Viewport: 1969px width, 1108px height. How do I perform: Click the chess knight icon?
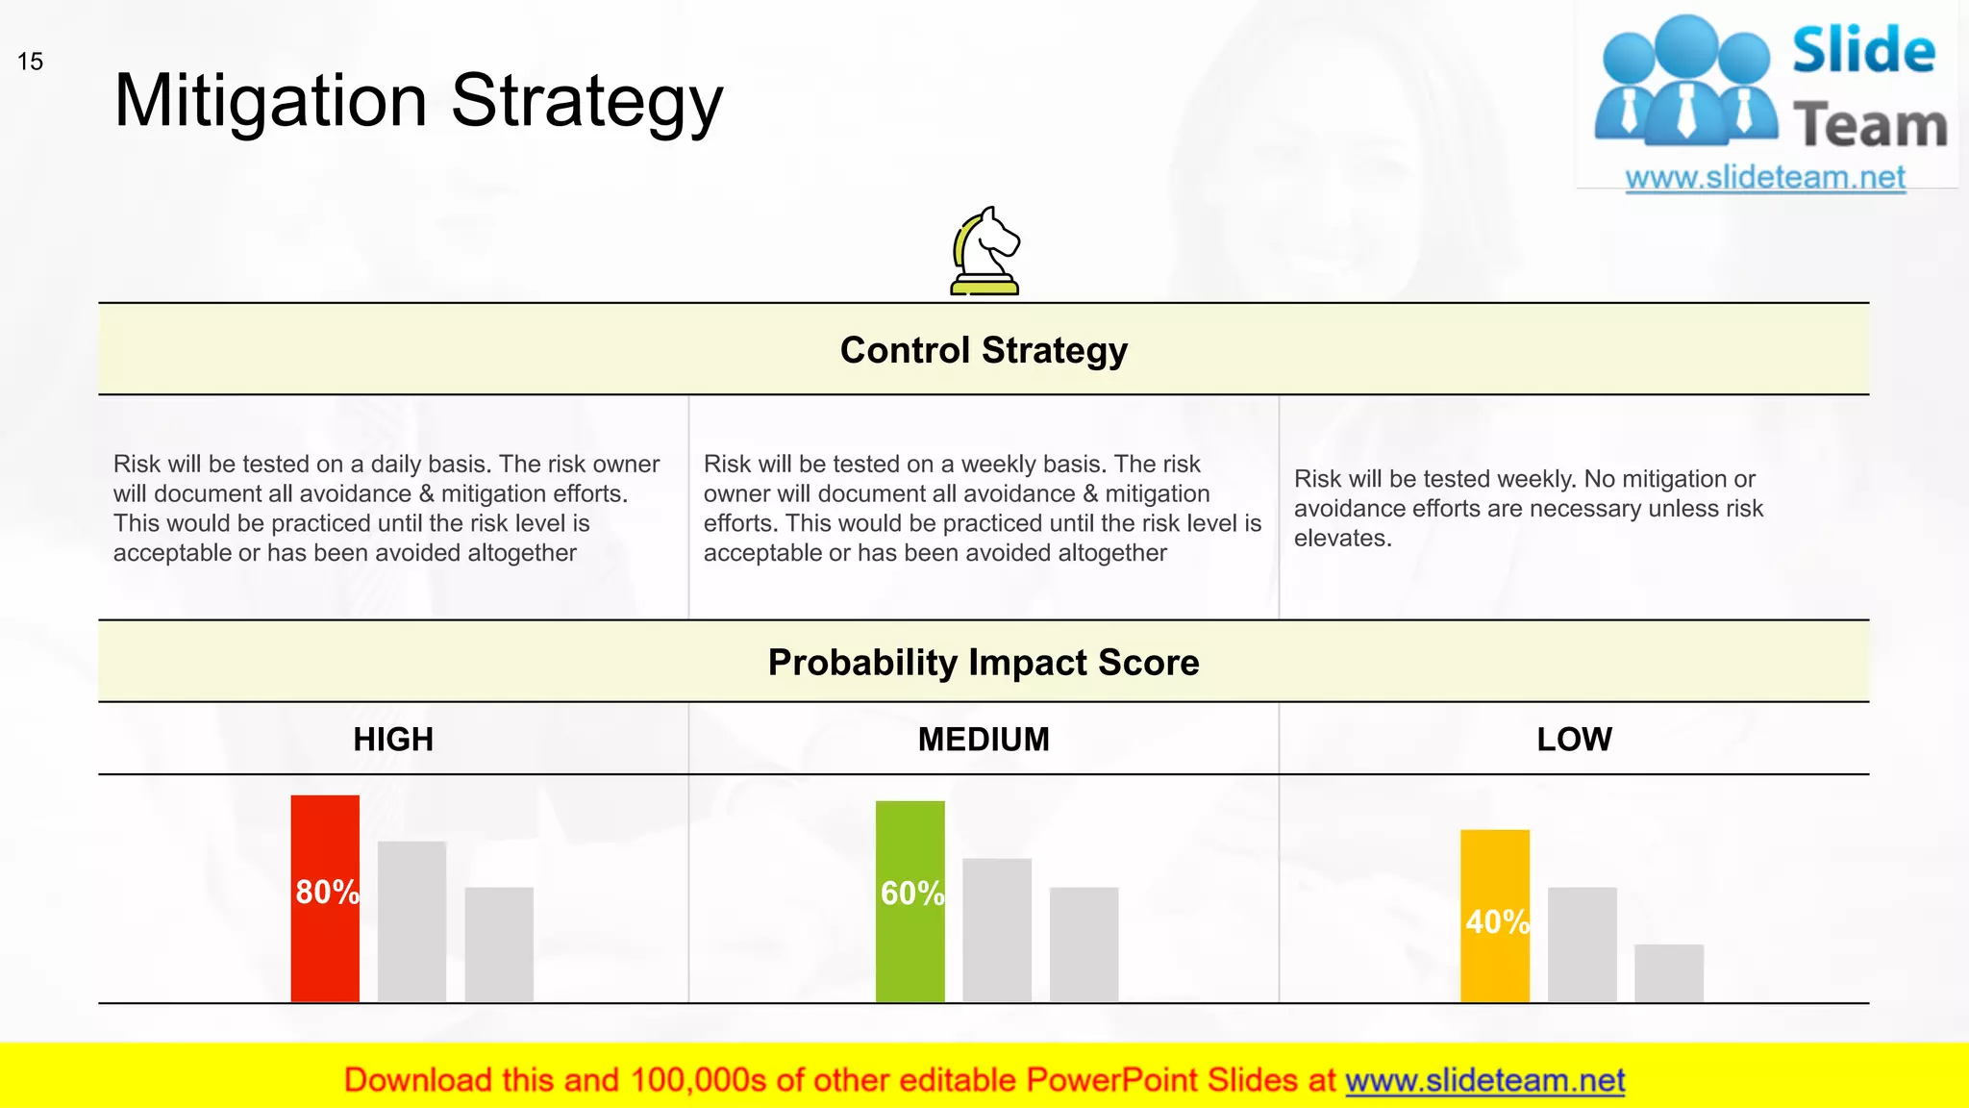[984, 251]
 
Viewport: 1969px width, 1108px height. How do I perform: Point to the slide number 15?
[30, 62]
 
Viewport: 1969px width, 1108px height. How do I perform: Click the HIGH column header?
[393, 739]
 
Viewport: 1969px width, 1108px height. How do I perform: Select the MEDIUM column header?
[984, 739]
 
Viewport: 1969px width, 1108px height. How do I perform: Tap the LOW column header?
[1574, 739]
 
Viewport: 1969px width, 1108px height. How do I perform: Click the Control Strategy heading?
[984, 350]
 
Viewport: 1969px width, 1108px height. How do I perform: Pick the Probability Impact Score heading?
[984, 663]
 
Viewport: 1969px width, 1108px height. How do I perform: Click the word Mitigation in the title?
[270, 101]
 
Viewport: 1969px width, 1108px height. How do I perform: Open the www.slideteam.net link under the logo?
[1764, 177]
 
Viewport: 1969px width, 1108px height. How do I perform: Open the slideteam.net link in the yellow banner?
[1484, 1080]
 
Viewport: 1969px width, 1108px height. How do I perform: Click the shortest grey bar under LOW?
[1668, 973]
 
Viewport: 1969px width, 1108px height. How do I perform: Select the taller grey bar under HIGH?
[411, 921]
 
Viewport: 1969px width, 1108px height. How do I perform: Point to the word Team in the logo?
[1869, 126]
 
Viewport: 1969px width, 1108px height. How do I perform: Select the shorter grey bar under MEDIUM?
[1084, 944]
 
